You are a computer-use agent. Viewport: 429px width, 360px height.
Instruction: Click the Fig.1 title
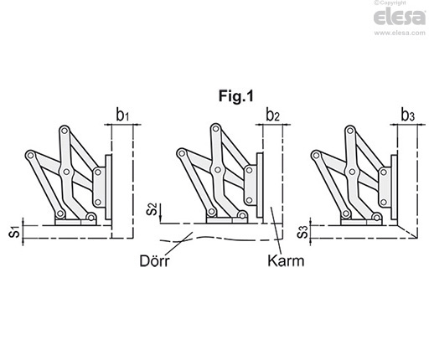236,96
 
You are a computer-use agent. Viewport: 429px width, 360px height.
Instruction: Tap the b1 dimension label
122,115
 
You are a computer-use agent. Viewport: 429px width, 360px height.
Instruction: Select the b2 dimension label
272,115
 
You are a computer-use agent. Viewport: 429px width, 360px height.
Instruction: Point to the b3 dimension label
407,115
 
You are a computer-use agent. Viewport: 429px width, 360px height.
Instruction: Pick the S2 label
152,209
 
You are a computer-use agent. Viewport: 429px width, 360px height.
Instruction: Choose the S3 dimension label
302,232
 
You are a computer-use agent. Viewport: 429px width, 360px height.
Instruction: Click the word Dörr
154,261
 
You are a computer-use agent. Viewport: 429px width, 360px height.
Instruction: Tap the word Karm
286,261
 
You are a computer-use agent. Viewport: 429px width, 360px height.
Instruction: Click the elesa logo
400,18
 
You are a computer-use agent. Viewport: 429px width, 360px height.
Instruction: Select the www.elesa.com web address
400,33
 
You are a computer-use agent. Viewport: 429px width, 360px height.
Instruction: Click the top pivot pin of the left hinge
65,131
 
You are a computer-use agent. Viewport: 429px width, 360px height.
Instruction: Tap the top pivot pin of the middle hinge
215,128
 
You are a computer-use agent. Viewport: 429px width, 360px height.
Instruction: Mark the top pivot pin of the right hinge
349,131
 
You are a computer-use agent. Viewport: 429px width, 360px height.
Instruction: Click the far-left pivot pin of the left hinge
30,155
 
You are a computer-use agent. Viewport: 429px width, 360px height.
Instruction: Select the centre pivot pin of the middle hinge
217,170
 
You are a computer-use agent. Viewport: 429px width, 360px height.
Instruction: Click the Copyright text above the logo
390,3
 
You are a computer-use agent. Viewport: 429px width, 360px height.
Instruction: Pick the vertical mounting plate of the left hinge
108,188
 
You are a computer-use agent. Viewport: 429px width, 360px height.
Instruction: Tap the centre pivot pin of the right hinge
352,172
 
